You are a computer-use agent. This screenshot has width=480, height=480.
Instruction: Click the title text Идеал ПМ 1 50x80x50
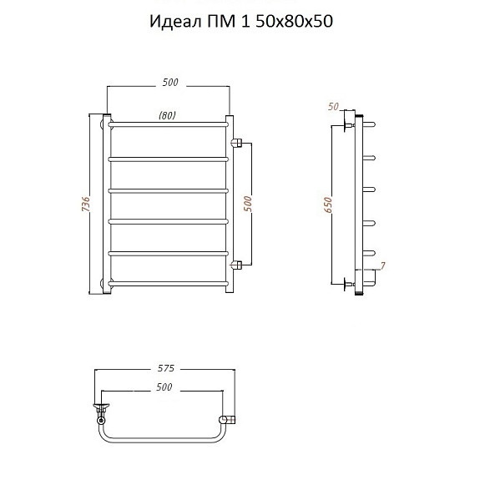241,22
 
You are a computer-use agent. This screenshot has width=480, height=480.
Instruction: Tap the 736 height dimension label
86,204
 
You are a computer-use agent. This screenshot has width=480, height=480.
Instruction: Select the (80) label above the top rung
168,115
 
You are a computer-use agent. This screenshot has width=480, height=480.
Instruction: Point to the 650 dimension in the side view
328,205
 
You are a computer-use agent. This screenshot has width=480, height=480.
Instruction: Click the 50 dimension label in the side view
333,107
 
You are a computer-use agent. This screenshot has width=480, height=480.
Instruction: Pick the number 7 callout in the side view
382,265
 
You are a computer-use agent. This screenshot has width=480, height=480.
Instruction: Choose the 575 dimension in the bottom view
165,368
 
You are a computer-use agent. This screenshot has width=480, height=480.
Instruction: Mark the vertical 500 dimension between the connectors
248,204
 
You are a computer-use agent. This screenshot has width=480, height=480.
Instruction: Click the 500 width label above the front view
170,83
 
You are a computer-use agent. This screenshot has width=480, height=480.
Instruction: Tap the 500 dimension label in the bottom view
164,387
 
